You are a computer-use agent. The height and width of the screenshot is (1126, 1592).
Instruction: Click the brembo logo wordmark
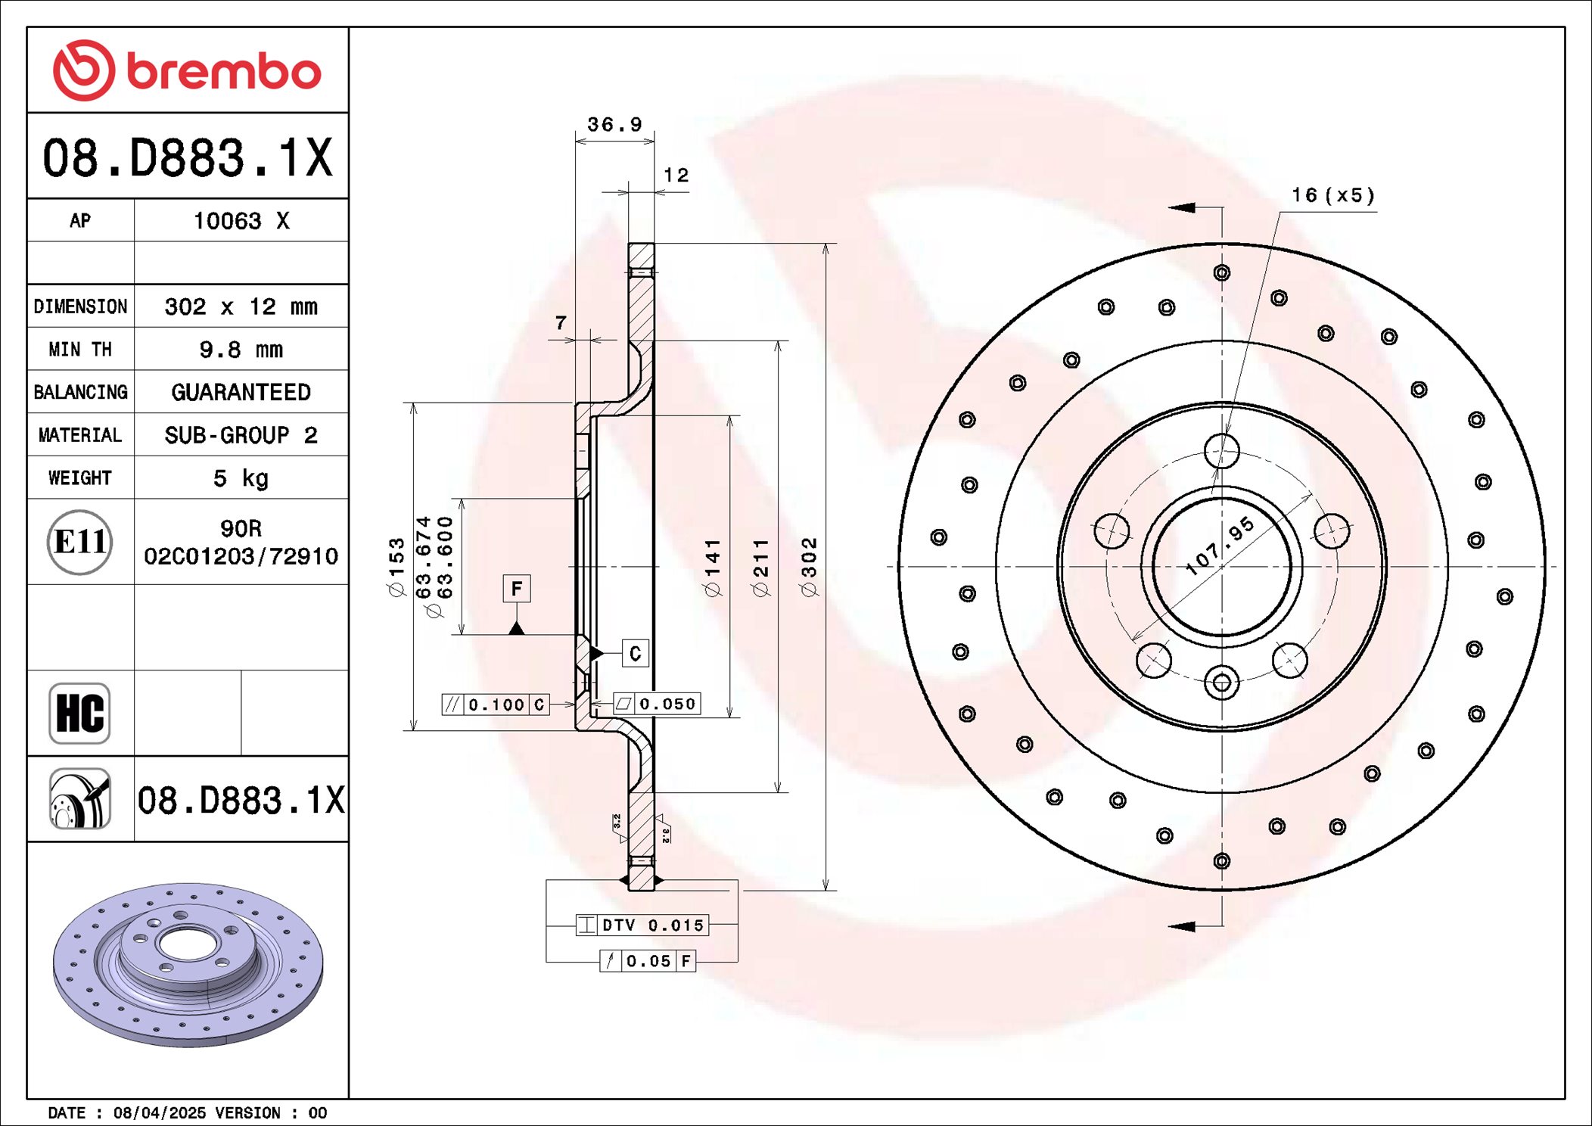(223, 72)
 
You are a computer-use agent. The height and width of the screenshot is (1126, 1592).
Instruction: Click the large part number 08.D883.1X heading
(188, 157)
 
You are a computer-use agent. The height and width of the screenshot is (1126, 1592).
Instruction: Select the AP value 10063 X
(241, 221)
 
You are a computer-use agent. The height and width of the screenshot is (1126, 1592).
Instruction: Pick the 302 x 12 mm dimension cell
(241, 306)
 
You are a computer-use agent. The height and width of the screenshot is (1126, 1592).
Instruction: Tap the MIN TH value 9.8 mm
(241, 350)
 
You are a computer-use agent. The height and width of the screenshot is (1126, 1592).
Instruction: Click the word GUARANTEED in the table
(241, 392)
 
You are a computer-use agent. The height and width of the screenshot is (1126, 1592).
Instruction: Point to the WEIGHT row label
(80, 478)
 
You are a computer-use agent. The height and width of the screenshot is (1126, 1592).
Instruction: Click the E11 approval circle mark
(79, 542)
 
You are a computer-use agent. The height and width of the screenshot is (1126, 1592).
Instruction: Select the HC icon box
(79, 713)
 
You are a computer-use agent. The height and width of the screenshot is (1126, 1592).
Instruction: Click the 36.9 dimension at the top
(614, 124)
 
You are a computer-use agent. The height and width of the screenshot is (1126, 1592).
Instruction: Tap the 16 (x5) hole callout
(1332, 195)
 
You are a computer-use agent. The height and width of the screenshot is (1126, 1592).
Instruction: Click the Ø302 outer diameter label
(809, 568)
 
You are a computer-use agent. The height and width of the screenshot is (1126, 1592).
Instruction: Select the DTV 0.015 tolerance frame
(642, 925)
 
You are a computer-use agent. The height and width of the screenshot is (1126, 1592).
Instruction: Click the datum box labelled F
(517, 588)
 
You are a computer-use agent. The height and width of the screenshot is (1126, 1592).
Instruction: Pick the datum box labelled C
(635, 653)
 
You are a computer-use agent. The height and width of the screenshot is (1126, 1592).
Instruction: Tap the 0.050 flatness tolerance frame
(657, 704)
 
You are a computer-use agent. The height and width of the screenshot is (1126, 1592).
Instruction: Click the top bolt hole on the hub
(1221, 451)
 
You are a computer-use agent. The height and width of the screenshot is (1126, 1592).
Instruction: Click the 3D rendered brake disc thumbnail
(188, 965)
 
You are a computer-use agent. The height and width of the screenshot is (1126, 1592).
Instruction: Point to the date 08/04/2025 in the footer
(159, 1112)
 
